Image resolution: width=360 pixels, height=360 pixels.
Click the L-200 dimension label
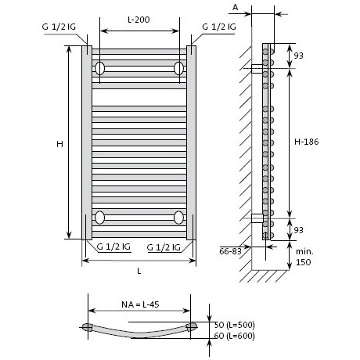coord(139,20)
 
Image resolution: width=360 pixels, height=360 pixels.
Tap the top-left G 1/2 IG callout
coord(59,27)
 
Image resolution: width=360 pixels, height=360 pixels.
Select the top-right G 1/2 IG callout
coord(219,27)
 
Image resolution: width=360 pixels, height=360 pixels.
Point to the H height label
coord(59,144)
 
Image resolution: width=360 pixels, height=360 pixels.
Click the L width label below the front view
coord(139,271)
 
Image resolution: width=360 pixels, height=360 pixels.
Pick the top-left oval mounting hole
coord(99,68)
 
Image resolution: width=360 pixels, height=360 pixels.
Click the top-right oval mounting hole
coord(178,68)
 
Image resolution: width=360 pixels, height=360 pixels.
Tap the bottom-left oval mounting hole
coord(99,218)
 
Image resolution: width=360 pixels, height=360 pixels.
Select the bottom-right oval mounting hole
coord(178,218)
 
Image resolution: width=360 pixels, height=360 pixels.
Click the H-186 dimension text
coord(307,142)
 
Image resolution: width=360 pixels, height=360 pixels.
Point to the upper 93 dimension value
coord(299,56)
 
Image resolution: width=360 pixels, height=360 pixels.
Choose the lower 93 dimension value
coord(299,230)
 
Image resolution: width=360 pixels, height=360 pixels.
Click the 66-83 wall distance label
coord(230,251)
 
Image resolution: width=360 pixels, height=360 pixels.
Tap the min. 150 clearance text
coord(304,257)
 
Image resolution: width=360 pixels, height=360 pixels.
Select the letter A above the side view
coord(236,7)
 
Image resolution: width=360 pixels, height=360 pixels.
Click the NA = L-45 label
coord(140,304)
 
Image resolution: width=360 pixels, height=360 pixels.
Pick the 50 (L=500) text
coord(234,325)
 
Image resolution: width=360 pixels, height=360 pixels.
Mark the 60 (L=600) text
coord(234,336)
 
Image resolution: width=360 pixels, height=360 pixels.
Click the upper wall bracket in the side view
coord(257,69)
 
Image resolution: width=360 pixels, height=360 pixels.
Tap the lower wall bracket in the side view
coord(257,218)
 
